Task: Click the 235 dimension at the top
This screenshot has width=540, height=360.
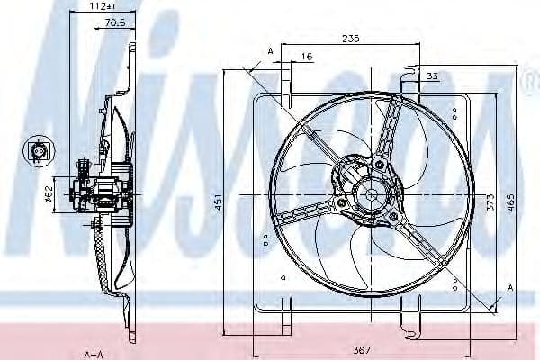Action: click(351, 38)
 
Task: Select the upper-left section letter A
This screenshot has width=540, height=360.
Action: click(269, 51)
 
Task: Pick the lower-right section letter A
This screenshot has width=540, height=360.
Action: click(509, 288)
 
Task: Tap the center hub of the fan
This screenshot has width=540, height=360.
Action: click(369, 190)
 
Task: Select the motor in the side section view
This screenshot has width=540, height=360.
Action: click(99, 192)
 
